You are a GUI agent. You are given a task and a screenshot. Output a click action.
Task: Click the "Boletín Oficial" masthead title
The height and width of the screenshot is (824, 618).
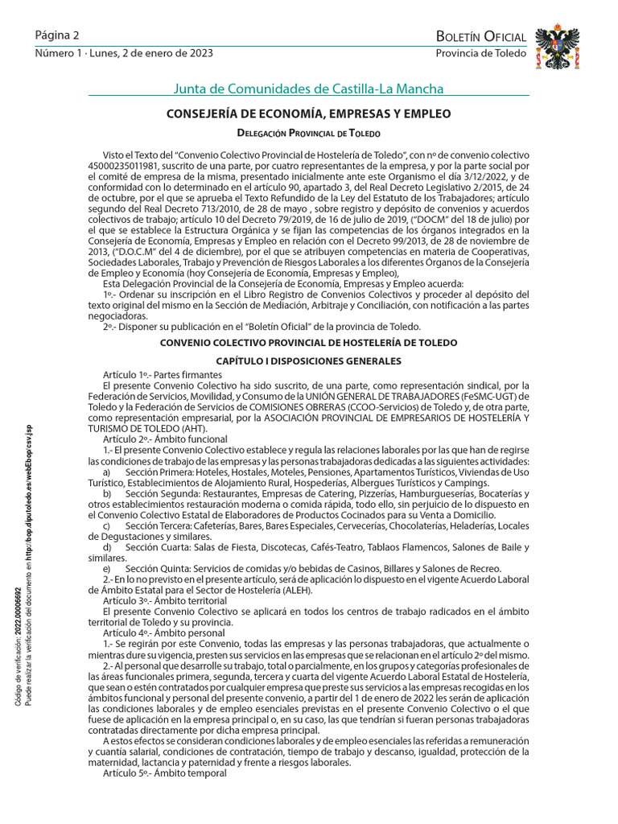[x=480, y=36]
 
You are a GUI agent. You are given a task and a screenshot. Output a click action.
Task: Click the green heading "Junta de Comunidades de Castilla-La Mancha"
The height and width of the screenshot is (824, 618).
[x=308, y=89]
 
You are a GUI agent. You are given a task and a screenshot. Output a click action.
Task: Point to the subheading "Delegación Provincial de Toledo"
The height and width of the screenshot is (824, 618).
[x=308, y=133]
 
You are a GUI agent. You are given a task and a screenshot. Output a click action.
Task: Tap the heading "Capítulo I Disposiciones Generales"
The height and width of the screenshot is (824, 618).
[x=308, y=361]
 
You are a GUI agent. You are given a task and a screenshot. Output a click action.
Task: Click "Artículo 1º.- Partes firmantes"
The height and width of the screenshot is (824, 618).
[x=163, y=375]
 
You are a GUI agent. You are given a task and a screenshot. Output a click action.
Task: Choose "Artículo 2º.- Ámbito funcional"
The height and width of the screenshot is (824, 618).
[x=167, y=439]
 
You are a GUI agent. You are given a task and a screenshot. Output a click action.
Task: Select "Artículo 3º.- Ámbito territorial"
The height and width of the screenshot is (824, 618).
[x=165, y=600]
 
